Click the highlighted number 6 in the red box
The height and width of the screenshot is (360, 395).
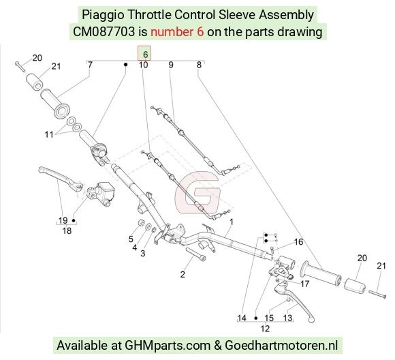click(x=145, y=55)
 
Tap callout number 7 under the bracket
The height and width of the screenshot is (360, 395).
click(x=90, y=65)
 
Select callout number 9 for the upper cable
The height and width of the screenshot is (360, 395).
click(x=171, y=65)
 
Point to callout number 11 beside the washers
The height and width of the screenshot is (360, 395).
click(x=49, y=134)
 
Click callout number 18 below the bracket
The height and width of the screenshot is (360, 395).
click(x=67, y=230)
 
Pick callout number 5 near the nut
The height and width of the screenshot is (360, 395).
click(x=131, y=239)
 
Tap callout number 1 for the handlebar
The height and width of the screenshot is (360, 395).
click(x=232, y=222)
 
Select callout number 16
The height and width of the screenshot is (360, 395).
click(x=298, y=241)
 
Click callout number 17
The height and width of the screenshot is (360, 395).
click(x=304, y=284)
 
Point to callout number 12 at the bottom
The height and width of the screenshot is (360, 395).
click(x=265, y=329)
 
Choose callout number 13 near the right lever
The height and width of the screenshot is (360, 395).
click(x=287, y=318)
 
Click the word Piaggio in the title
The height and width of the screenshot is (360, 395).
click(x=103, y=15)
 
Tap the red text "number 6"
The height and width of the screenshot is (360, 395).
click(x=177, y=32)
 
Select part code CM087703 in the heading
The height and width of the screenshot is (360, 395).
click(x=104, y=32)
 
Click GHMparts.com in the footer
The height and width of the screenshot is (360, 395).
click(x=168, y=345)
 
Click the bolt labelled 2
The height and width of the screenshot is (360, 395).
click(x=195, y=254)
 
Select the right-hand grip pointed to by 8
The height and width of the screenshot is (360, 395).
click(x=321, y=273)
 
